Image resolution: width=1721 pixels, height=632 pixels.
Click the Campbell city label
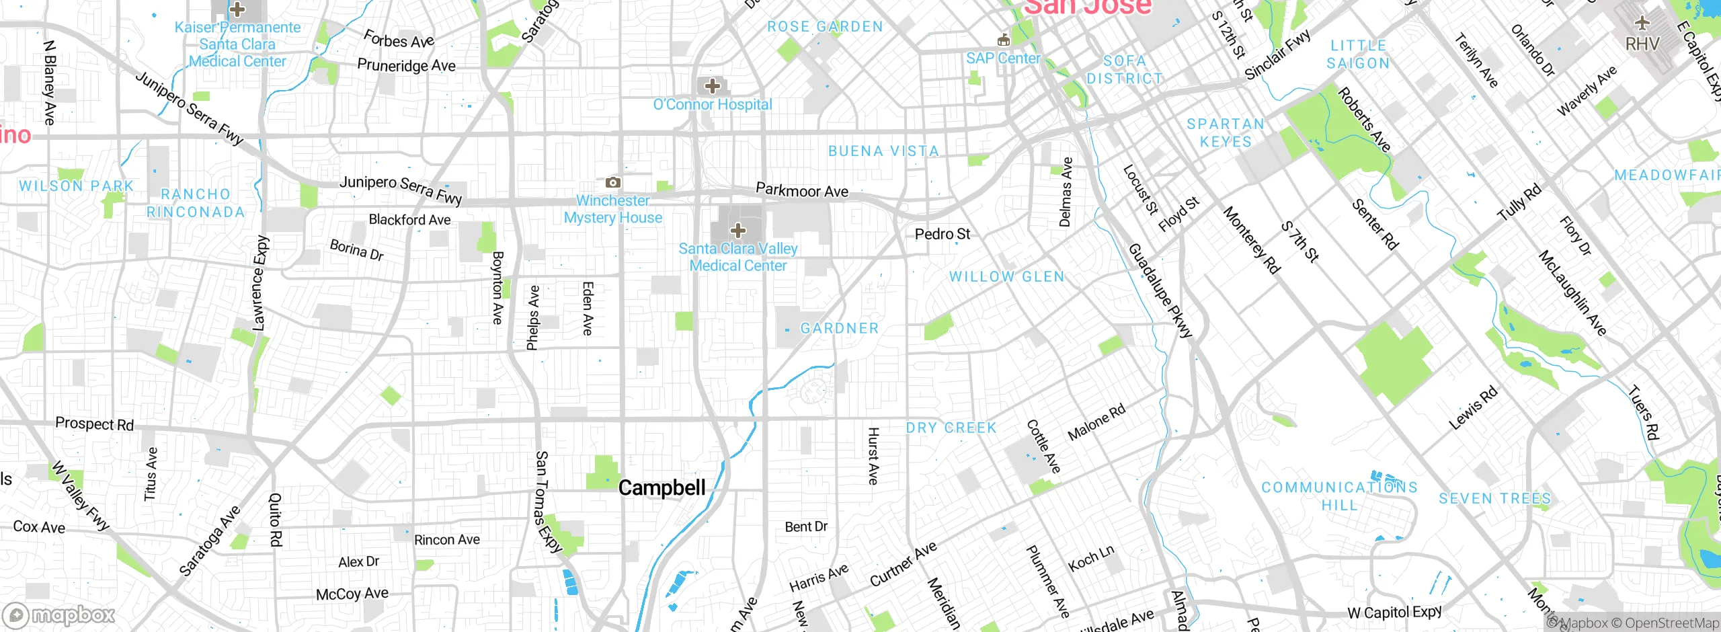point(662,487)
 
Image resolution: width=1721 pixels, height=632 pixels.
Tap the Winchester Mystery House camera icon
point(612,182)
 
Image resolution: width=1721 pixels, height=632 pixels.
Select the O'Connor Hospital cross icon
point(713,86)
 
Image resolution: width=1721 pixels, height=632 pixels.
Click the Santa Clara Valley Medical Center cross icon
point(737,231)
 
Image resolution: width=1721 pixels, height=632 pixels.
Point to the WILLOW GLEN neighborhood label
point(1006,276)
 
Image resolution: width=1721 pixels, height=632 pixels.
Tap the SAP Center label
point(1003,58)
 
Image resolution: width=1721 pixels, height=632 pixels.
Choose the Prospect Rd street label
point(94,424)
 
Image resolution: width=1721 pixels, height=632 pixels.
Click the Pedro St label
point(943,234)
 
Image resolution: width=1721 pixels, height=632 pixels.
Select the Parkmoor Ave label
point(802,190)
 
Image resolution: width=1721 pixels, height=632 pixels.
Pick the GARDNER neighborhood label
point(840,328)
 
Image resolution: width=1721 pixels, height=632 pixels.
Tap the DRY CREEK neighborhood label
point(951,428)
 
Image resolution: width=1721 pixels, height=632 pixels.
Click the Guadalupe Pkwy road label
point(1160,290)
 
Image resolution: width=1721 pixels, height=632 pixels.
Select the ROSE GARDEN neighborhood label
point(825,27)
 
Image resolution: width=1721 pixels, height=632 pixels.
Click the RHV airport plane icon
point(1642,23)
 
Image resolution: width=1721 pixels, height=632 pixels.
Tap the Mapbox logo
point(59,615)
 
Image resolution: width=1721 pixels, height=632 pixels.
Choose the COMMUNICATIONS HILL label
point(1339,496)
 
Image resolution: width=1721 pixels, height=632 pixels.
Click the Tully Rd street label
point(1519,203)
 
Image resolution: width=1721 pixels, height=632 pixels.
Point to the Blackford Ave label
point(409,220)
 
